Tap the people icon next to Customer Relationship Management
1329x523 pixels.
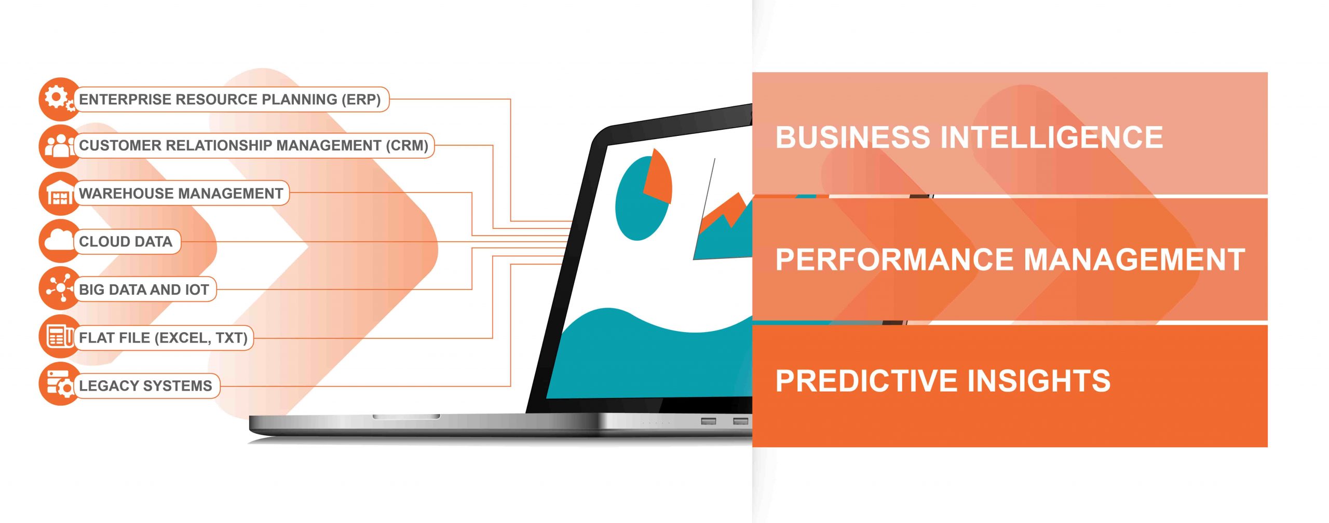click(59, 146)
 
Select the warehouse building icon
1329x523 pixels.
click(59, 194)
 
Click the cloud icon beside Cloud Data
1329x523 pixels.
click(59, 241)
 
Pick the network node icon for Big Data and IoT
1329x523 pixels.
click(59, 289)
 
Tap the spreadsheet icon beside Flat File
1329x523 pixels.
click(59, 337)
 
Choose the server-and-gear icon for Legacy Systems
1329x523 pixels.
click(59, 384)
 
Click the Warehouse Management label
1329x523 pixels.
click(181, 194)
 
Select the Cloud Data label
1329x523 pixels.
click(126, 242)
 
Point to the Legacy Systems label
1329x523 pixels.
click(145, 386)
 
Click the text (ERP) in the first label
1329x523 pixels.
click(361, 100)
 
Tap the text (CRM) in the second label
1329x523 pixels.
click(407, 146)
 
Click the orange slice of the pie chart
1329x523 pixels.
click(658, 176)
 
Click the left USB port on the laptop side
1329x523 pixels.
click(709, 421)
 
